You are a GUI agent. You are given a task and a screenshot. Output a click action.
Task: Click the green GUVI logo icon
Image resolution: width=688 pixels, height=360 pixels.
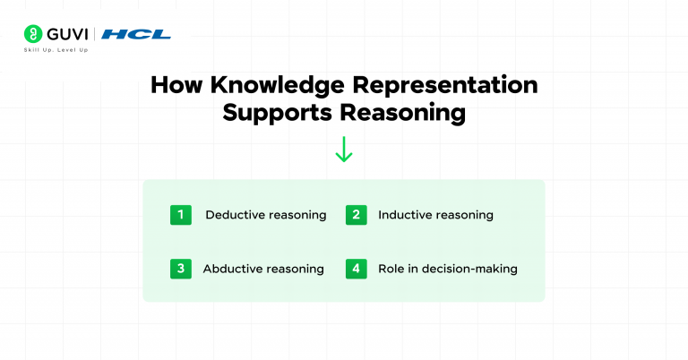click(32, 34)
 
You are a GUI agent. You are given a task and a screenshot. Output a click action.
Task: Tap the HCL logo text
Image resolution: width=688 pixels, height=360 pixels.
click(135, 35)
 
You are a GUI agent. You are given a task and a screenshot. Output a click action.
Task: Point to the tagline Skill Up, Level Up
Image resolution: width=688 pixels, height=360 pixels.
click(55, 50)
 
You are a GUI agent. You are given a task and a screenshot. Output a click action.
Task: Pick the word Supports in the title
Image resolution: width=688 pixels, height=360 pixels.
click(280, 115)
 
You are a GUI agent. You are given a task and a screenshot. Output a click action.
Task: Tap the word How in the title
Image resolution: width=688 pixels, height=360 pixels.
click(171, 86)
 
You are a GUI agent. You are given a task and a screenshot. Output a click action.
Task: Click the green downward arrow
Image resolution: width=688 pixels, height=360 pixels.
click(344, 149)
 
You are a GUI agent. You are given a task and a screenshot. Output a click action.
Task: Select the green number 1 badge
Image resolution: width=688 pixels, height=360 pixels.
click(180, 215)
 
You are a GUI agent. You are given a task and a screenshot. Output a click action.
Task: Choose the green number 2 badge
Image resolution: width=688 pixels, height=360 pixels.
click(355, 215)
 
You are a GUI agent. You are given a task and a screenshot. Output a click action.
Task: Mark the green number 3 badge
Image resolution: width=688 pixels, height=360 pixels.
click(180, 268)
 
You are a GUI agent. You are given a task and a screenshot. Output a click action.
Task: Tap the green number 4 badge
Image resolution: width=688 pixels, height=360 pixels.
click(355, 268)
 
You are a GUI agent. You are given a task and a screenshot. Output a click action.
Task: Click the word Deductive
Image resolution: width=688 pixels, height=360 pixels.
click(235, 215)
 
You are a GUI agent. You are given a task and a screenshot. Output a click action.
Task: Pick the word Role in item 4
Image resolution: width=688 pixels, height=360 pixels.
click(391, 269)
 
